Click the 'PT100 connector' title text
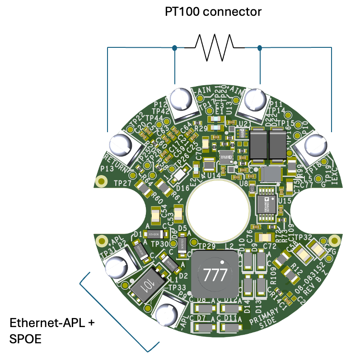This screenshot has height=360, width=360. [x=213, y=12]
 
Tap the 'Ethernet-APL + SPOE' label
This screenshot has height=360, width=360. [x=52, y=330]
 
